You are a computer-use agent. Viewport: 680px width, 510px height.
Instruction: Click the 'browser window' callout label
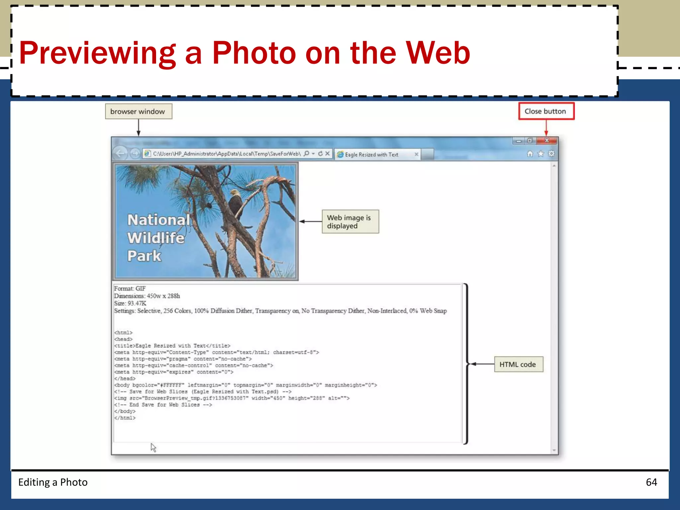click(x=138, y=112)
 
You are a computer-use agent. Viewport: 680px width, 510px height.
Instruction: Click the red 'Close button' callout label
click(x=546, y=111)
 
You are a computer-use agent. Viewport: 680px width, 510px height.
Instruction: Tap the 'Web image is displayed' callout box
click(x=350, y=221)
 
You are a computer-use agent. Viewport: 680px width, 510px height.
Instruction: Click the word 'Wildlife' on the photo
click(x=156, y=238)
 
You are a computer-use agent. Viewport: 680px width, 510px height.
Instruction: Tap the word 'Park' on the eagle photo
click(x=144, y=256)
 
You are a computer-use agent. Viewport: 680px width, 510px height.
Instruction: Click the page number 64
click(x=651, y=482)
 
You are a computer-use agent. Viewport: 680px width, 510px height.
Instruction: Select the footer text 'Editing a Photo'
click(x=53, y=482)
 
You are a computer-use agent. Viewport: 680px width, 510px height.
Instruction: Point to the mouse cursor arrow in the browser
click(x=153, y=447)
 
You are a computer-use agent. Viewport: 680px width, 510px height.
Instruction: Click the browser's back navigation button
click(x=120, y=153)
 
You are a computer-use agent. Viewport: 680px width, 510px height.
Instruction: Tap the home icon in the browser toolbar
click(x=530, y=154)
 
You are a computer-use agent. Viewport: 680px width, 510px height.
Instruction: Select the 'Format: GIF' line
click(x=130, y=289)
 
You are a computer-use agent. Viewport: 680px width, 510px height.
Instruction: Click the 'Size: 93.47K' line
click(x=130, y=303)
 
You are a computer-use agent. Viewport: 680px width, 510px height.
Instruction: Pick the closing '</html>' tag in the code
click(x=125, y=418)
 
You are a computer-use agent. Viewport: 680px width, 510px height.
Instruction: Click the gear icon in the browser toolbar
click(x=552, y=154)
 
